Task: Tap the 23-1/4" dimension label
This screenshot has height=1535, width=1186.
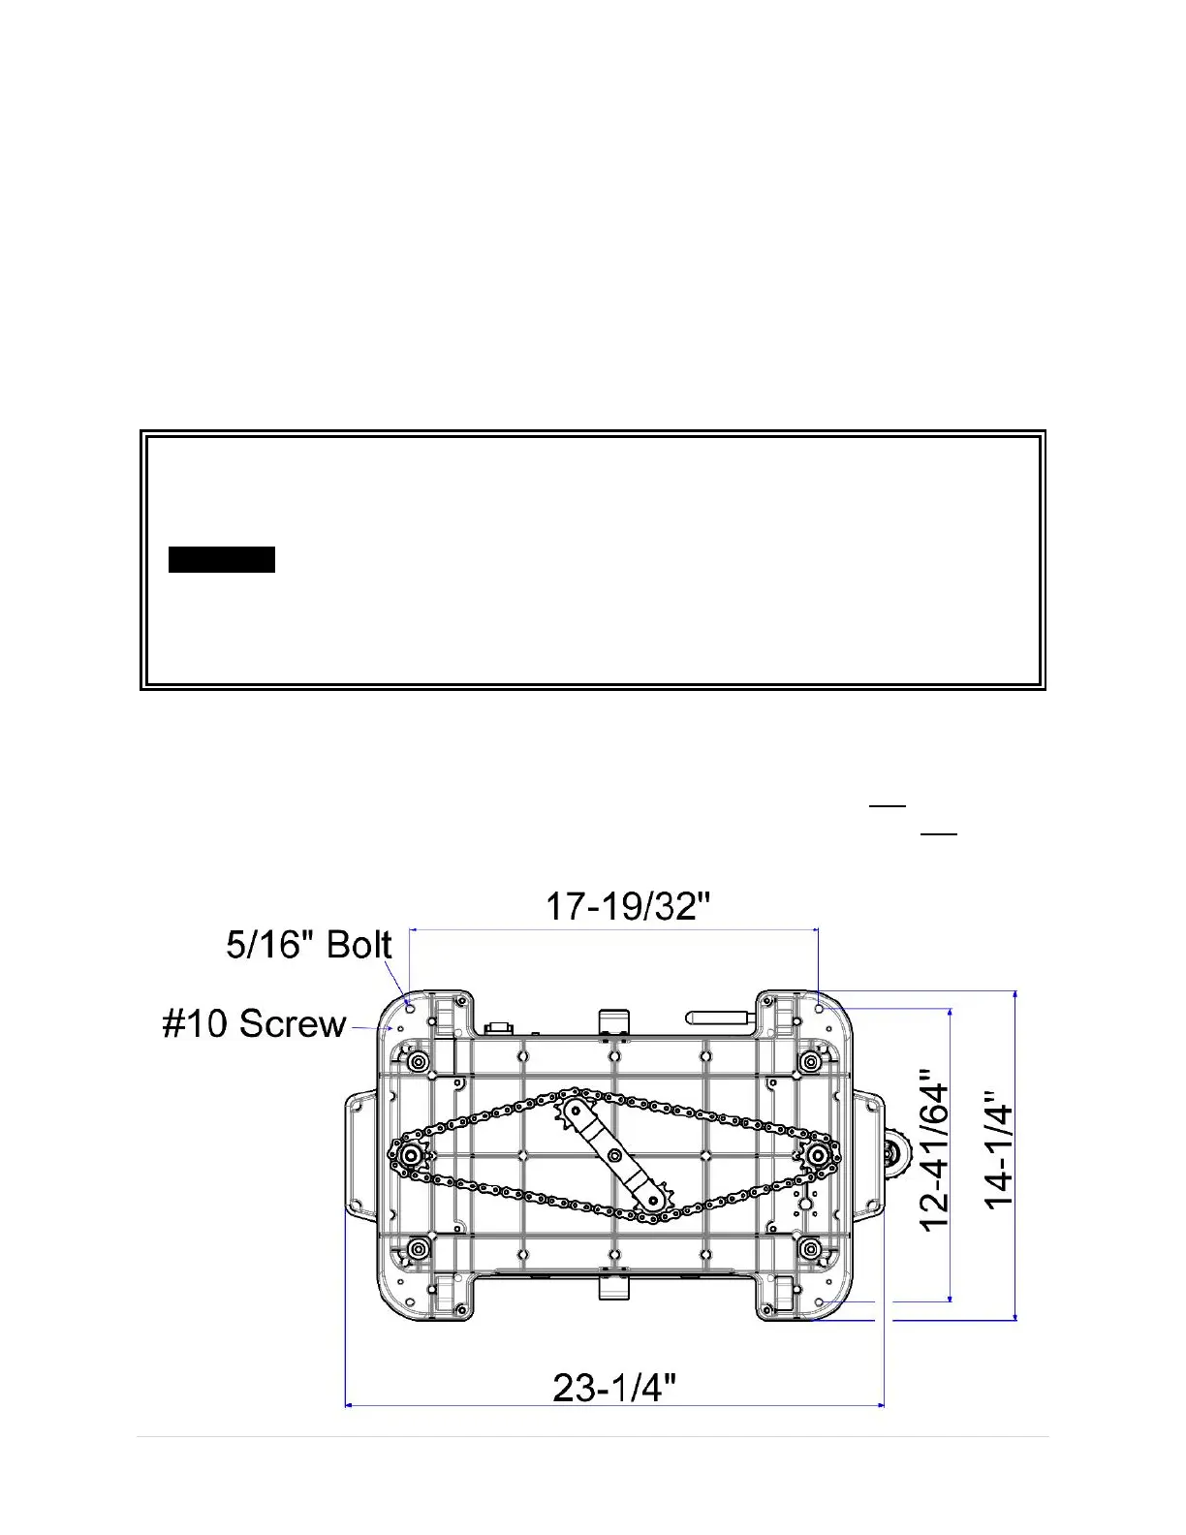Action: tap(614, 1388)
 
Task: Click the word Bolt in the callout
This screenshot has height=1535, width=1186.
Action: tap(359, 945)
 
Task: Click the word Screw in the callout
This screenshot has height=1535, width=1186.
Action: tap(293, 1023)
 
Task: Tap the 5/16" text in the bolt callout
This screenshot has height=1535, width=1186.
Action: tap(272, 945)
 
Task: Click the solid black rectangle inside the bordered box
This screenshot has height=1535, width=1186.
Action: tap(222, 559)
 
